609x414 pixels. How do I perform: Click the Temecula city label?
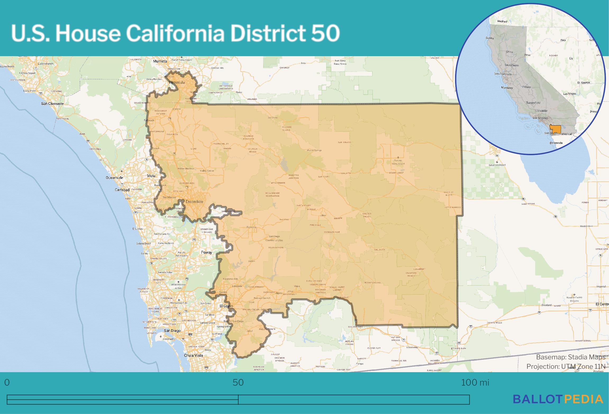[177, 82]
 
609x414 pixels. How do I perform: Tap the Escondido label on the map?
[194, 202]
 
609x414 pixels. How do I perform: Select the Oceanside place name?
[114, 177]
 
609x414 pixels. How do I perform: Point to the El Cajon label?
[226, 306]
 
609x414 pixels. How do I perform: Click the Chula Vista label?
[193, 355]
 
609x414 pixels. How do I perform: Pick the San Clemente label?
[52, 104]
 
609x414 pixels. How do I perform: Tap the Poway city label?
[206, 252]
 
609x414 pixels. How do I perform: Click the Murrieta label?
[160, 61]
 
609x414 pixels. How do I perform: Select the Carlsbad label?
[122, 190]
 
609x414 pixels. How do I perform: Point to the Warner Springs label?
[314, 150]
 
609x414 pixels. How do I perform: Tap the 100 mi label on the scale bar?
[475, 382]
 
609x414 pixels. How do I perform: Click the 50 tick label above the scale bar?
[238, 382]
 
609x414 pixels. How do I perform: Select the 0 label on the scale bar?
[7, 382]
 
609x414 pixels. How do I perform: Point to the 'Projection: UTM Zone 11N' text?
[566, 367]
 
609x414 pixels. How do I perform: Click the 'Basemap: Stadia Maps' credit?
[571, 357]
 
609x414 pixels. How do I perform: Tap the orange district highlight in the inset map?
[556, 129]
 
